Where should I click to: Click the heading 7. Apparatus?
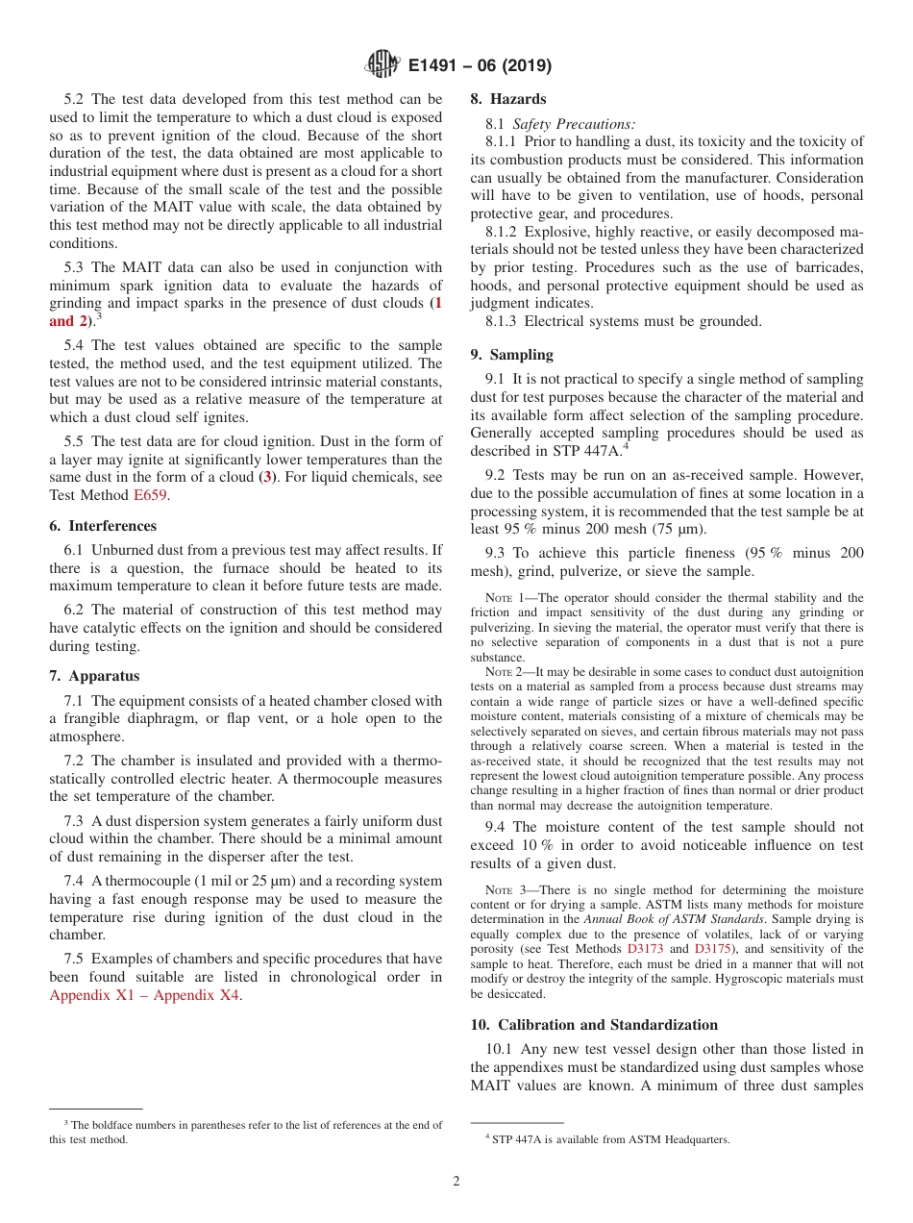tap(94, 676)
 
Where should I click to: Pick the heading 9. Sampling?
tap(511, 355)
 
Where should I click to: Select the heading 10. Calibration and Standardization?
tap(594, 1025)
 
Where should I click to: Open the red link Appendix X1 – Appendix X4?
tap(144, 995)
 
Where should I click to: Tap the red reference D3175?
tap(712, 949)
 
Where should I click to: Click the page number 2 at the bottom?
tap(456, 1182)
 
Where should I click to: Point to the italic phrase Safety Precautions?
tap(574, 124)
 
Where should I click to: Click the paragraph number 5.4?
tap(75, 345)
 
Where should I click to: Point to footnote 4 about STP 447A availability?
tap(605, 1140)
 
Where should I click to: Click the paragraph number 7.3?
tap(75, 821)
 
